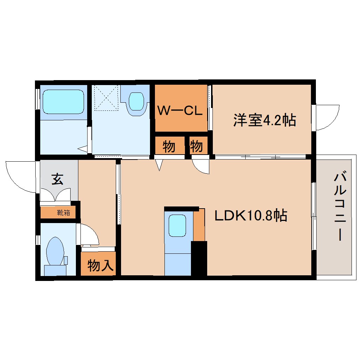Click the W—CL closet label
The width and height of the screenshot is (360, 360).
coord(180,111)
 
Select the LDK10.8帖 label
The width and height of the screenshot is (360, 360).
coord(251,215)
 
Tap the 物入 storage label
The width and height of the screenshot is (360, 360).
coord(100,265)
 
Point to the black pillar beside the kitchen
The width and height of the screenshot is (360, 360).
coord(199,258)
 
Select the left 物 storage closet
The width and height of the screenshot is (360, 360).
coord(169,146)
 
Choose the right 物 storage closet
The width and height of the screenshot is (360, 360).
coord(197,146)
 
